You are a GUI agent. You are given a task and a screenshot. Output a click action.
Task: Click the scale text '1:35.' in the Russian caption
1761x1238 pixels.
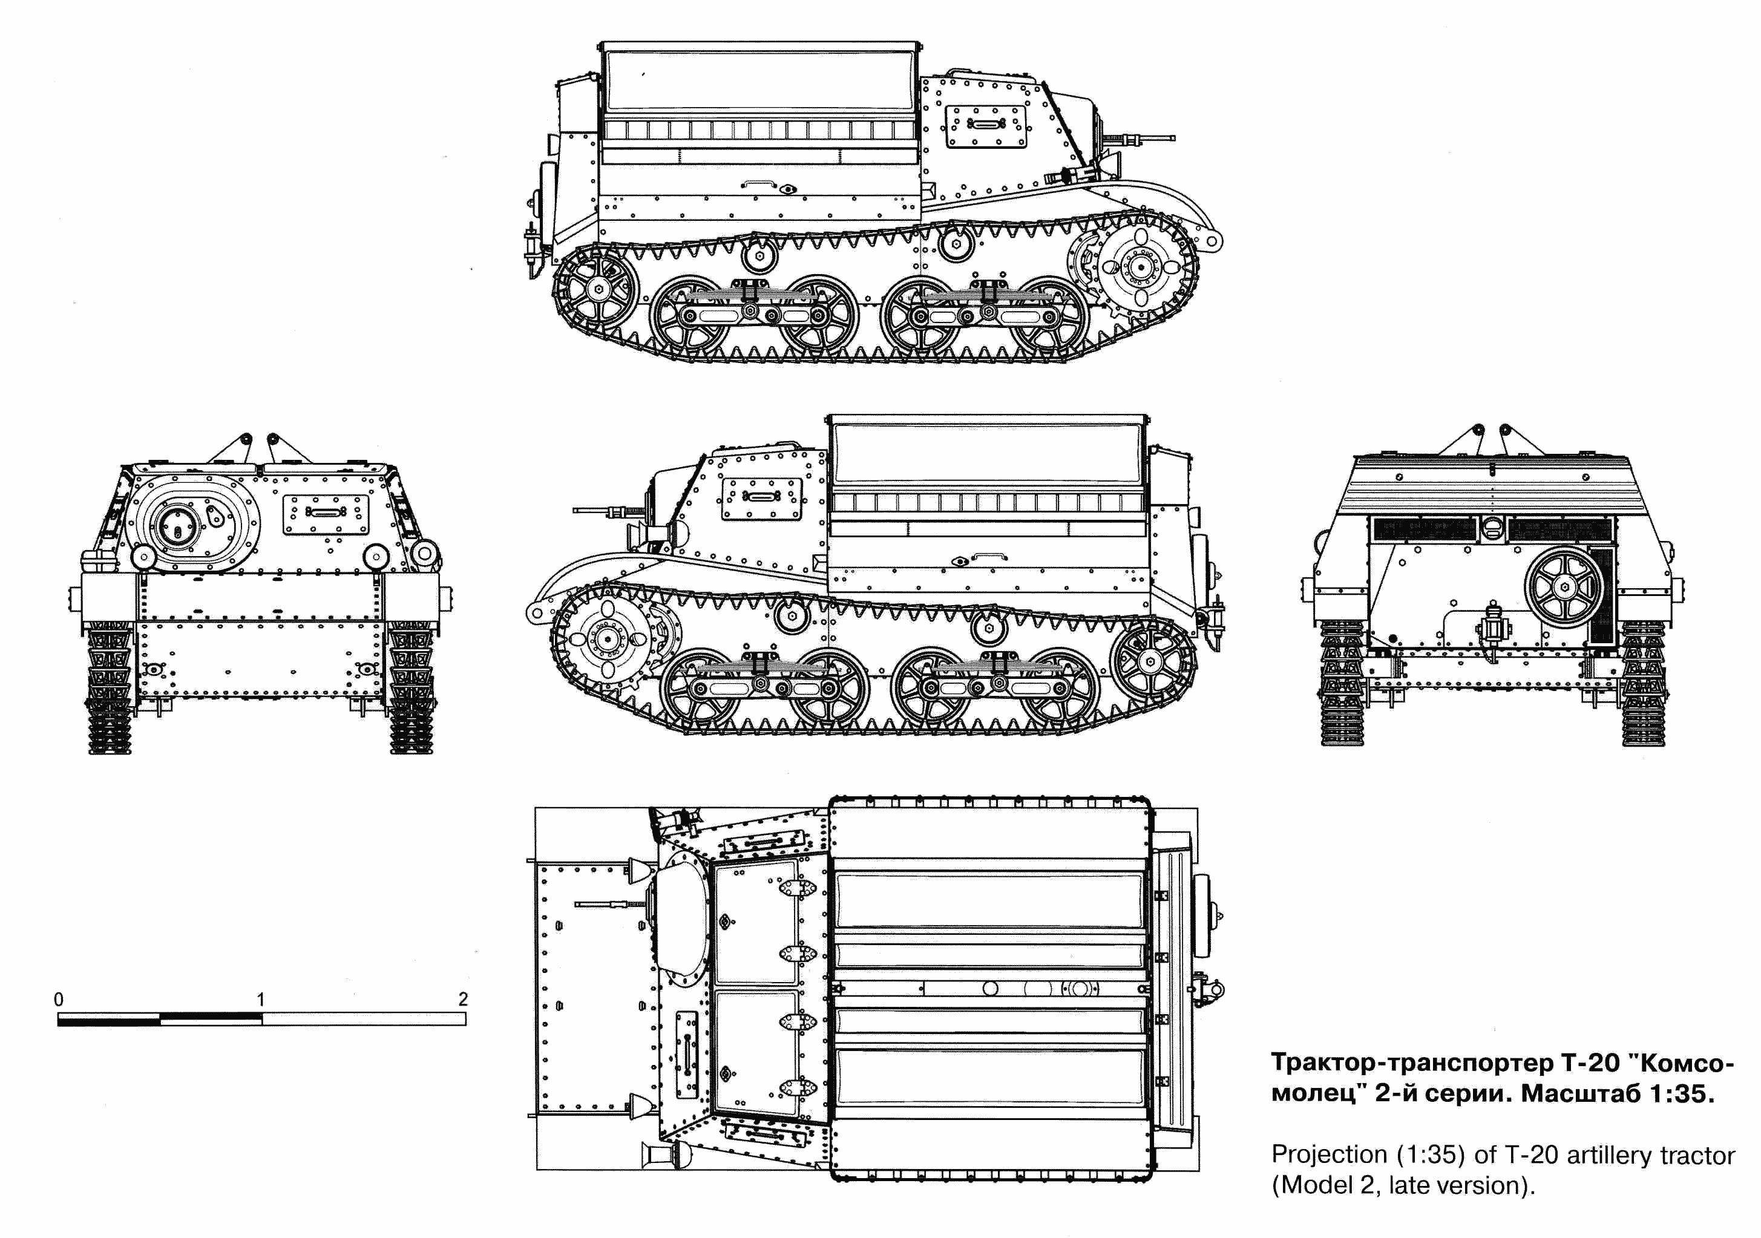tap(1681, 1095)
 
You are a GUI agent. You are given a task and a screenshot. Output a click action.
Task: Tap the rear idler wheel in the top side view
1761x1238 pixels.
tap(597, 289)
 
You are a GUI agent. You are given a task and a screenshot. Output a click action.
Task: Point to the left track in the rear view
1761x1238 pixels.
tap(1342, 683)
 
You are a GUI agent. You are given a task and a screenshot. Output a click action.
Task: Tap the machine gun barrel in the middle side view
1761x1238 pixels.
tap(594, 510)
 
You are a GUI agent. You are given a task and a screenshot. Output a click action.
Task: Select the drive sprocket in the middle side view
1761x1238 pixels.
tap(608, 637)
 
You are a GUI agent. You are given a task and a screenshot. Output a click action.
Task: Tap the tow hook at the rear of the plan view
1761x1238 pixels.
tap(1212, 989)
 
